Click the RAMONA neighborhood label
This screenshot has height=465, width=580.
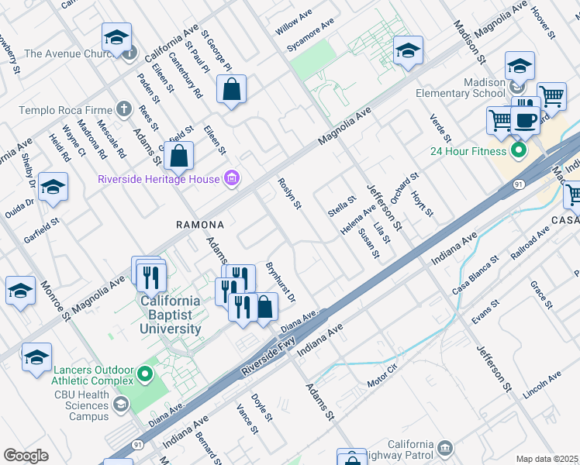(x=199, y=225)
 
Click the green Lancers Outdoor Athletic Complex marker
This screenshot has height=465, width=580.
(x=143, y=375)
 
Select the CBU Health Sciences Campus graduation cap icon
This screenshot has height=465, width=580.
(x=120, y=404)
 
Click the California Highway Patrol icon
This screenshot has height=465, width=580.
(x=444, y=448)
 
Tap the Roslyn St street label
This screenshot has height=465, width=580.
(x=288, y=194)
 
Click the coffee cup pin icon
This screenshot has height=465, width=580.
(x=525, y=119)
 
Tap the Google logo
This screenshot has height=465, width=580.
(x=26, y=456)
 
